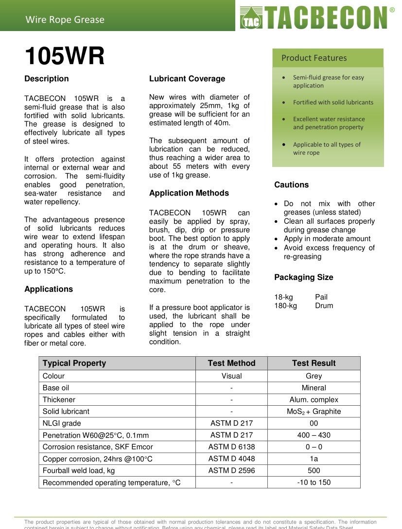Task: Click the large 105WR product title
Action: point(65,56)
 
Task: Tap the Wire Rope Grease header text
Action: point(65,19)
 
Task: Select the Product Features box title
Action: point(314,58)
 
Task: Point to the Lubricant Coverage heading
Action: point(187,79)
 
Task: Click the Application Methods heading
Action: point(189,193)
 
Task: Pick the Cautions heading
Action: point(291,184)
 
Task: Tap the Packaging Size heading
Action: point(303,277)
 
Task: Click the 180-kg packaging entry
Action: point(285,305)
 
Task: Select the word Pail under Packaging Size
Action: point(321,297)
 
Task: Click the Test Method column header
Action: point(231,363)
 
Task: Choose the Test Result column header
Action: point(314,363)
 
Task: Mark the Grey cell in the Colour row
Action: point(314,376)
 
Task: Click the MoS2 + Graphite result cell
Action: point(314,411)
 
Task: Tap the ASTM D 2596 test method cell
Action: point(231,470)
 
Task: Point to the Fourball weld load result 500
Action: point(314,470)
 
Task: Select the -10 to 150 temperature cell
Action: point(314,482)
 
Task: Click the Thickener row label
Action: point(59,399)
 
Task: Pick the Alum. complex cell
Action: point(314,399)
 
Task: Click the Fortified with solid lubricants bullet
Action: point(333,102)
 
